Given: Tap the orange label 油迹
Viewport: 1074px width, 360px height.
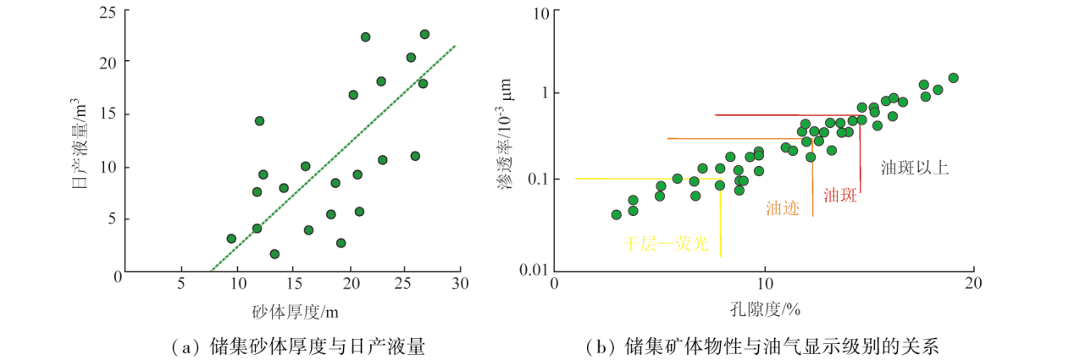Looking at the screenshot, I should [x=783, y=208].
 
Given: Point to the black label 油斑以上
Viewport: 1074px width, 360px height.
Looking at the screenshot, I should [x=914, y=168].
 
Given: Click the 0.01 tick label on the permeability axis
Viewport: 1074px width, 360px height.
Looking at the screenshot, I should [x=530, y=270].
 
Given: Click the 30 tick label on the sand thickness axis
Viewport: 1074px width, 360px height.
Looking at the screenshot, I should [x=459, y=285].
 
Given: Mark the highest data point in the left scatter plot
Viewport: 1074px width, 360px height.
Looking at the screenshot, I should [x=424, y=35].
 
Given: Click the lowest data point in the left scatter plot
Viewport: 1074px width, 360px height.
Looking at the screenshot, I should [x=274, y=253].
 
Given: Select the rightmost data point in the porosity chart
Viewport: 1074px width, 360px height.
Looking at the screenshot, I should [x=953, y=78].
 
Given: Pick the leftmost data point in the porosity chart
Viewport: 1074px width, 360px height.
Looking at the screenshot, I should [x=616, y=214].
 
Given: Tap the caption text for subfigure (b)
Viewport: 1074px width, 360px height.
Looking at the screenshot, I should [x=762, y=346].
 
